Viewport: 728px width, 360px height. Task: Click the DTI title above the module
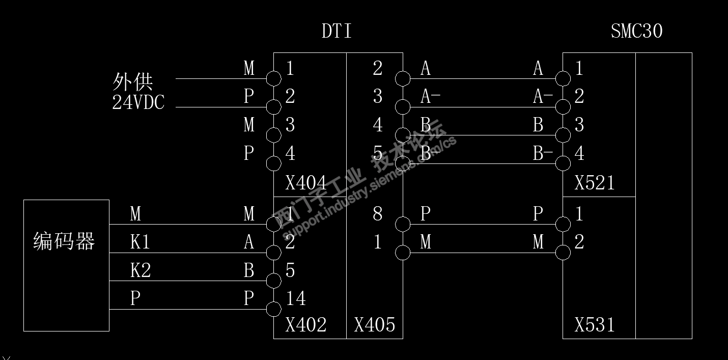337,32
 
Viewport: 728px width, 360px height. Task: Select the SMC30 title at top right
636,32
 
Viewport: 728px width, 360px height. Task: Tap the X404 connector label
305,183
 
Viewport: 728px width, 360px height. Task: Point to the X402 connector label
305,325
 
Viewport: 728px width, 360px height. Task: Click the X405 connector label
374,325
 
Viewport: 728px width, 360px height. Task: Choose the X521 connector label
594,183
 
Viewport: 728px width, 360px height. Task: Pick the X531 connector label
594,325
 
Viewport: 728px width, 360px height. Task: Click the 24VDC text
138,103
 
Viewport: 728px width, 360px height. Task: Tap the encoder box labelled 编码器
66,265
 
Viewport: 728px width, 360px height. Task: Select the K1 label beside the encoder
140,242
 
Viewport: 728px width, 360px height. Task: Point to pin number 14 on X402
295,299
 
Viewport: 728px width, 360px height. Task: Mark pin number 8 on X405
377,214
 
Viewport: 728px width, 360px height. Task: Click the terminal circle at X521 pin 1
563,78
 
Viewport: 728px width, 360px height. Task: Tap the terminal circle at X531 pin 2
563,253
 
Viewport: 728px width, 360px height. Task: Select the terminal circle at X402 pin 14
274,309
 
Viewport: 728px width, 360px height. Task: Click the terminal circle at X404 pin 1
274,78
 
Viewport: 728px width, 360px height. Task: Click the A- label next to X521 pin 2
543,97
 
